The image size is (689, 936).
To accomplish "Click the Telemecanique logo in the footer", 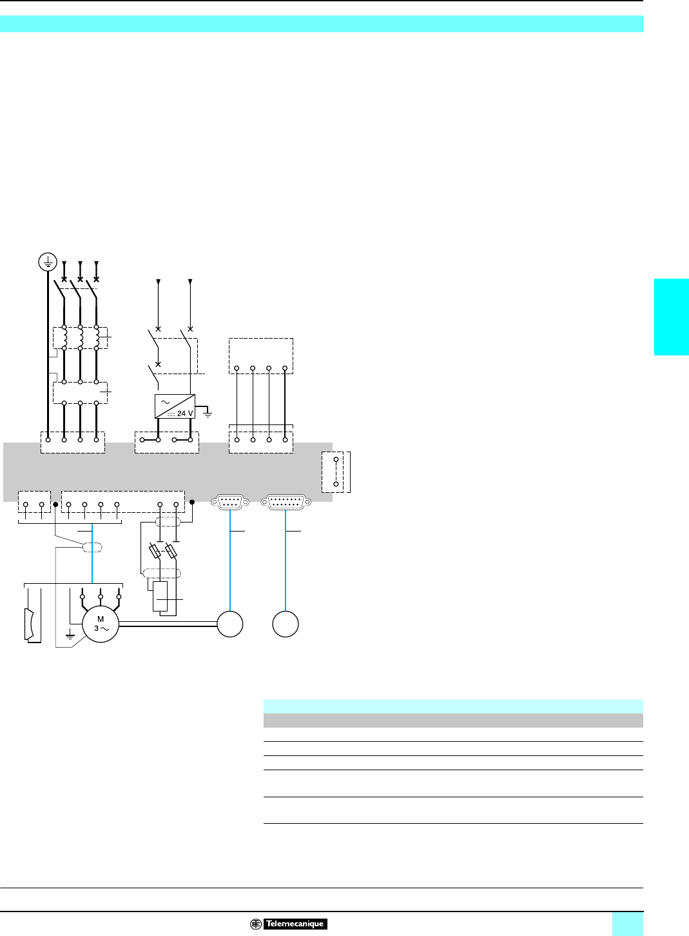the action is (x=289, y=924).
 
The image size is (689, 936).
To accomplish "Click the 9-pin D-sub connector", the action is (x=230, y=501).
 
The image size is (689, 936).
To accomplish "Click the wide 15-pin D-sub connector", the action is (x=286, y=501).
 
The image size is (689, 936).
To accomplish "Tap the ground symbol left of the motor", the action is (x=70, y=636).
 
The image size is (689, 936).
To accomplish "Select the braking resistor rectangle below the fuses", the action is (x=160, y=596).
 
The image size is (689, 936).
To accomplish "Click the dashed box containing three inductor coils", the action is (x=80, y=338).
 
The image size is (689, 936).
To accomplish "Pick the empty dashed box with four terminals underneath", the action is (x=261, y=355).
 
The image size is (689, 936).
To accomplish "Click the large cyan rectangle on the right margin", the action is (x=672, y=317).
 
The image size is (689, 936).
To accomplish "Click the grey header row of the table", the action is (x=453, y=720).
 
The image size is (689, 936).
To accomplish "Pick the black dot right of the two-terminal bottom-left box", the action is (x=55, y=504).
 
